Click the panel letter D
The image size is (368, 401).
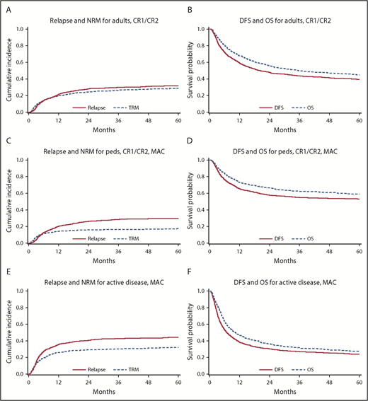[x=189, y=139]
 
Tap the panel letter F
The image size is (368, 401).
[x=189, y=269]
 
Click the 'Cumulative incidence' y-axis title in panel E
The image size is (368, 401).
[x=8, y=331]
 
